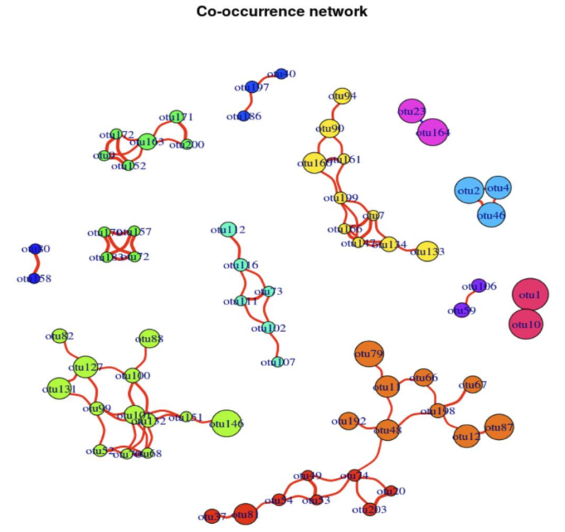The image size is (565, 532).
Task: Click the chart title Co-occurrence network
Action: (282, 12)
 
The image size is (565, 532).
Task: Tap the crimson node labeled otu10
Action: (526, 324)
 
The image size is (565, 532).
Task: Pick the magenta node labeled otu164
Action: (433, 132)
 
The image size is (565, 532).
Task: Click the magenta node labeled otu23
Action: (411, 112)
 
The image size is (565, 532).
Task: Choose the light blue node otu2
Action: (469, 191)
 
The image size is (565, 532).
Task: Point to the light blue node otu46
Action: (491, 216)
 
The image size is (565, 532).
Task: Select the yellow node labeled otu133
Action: (427, 252)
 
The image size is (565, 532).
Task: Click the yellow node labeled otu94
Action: (341, 96)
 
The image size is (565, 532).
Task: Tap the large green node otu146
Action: (227, 423)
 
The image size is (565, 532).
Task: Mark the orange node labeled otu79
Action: (368, 355)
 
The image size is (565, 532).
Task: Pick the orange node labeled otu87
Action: (499, 428)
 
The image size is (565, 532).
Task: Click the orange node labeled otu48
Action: (387, 430)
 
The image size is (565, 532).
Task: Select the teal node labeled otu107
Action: (277, 362)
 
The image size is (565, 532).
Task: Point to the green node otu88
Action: (149, 338)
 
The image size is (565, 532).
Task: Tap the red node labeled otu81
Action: (246, 515)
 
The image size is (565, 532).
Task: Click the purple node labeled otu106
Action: (479, 285)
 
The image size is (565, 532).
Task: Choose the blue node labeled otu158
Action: (33, 278)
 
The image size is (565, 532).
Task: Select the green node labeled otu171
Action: (175, 116)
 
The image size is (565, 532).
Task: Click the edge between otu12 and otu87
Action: (483, 432)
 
